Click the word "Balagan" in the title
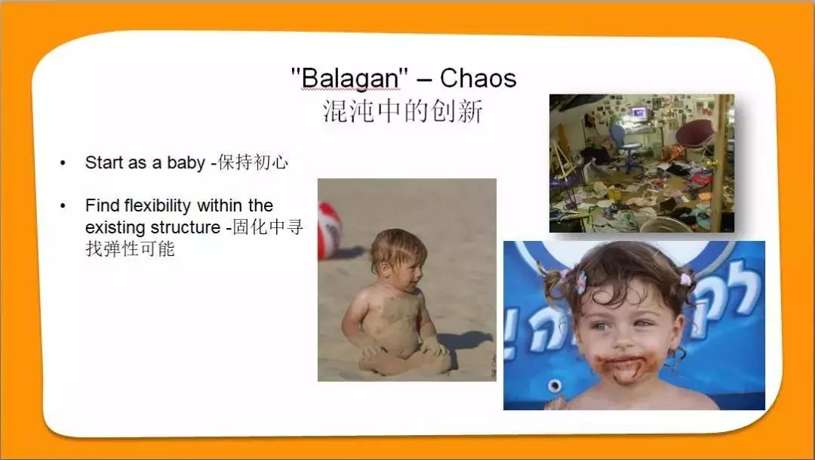[351, 79]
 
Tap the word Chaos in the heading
[478, 78]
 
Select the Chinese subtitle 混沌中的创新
[403, 110]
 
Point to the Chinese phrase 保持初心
[253, 162]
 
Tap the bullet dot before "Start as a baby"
[63, 163]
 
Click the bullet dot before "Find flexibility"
[63, 206]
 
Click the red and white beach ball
[328, 230]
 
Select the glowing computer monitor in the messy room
[638, 113]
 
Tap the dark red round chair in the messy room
[695, 134]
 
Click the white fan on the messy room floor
[666, 225]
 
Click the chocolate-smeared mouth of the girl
[626, 366]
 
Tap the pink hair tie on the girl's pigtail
[686, 280]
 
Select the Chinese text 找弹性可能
[130, 249]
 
